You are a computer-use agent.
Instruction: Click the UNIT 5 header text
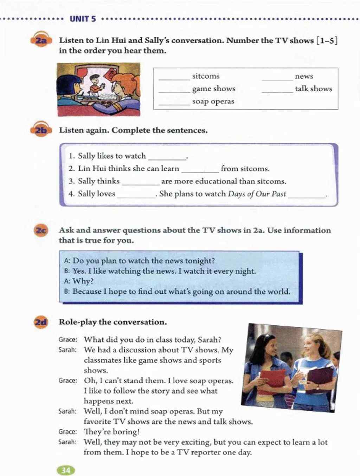click(83, 19)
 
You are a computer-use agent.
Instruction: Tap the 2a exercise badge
click(41, 41)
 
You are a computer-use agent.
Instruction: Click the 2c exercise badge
click(41, 231)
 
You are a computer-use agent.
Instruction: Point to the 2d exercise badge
click(41, 322)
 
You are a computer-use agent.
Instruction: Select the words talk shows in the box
click(313, 89)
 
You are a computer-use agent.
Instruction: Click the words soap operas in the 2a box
click(213, 102)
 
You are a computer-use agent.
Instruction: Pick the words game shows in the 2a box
click(214, 89)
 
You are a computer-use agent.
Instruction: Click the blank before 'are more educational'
click(140, 184)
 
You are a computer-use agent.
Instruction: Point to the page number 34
click(66, 470)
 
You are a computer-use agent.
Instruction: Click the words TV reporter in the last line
click(199, 452)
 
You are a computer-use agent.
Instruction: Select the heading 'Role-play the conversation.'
click(113, 322)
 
